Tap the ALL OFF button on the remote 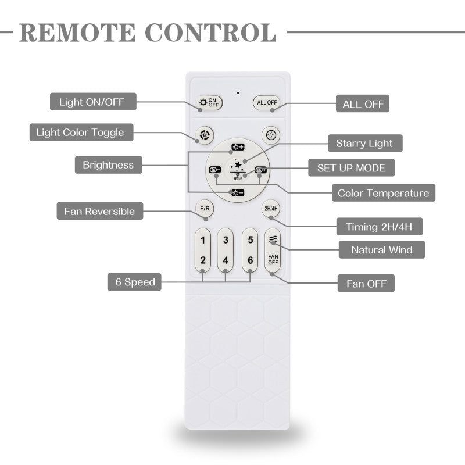pyautogui.click(x=266, y=103)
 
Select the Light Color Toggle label pyautogui.click(x=80, y=133)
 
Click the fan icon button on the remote pyautogui.click(x=270, y=134)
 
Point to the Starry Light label pyautogui.click(x=364, y=143)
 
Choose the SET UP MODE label pyautogui.click(x=351, y=168)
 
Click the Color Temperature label pyautogui.click(x=383, y=193)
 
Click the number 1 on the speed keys pyautogui.click(x=203, y=239)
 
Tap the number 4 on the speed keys pyautogui.click(x=226, y=260)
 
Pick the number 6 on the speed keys pyautogui.click(x=250, y=260)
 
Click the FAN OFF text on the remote pyautogui.click(x=273, y=259)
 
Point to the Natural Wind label pyautogui.click(x=382, y=250)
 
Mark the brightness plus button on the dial pyautogui.click(x=238, y=147)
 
